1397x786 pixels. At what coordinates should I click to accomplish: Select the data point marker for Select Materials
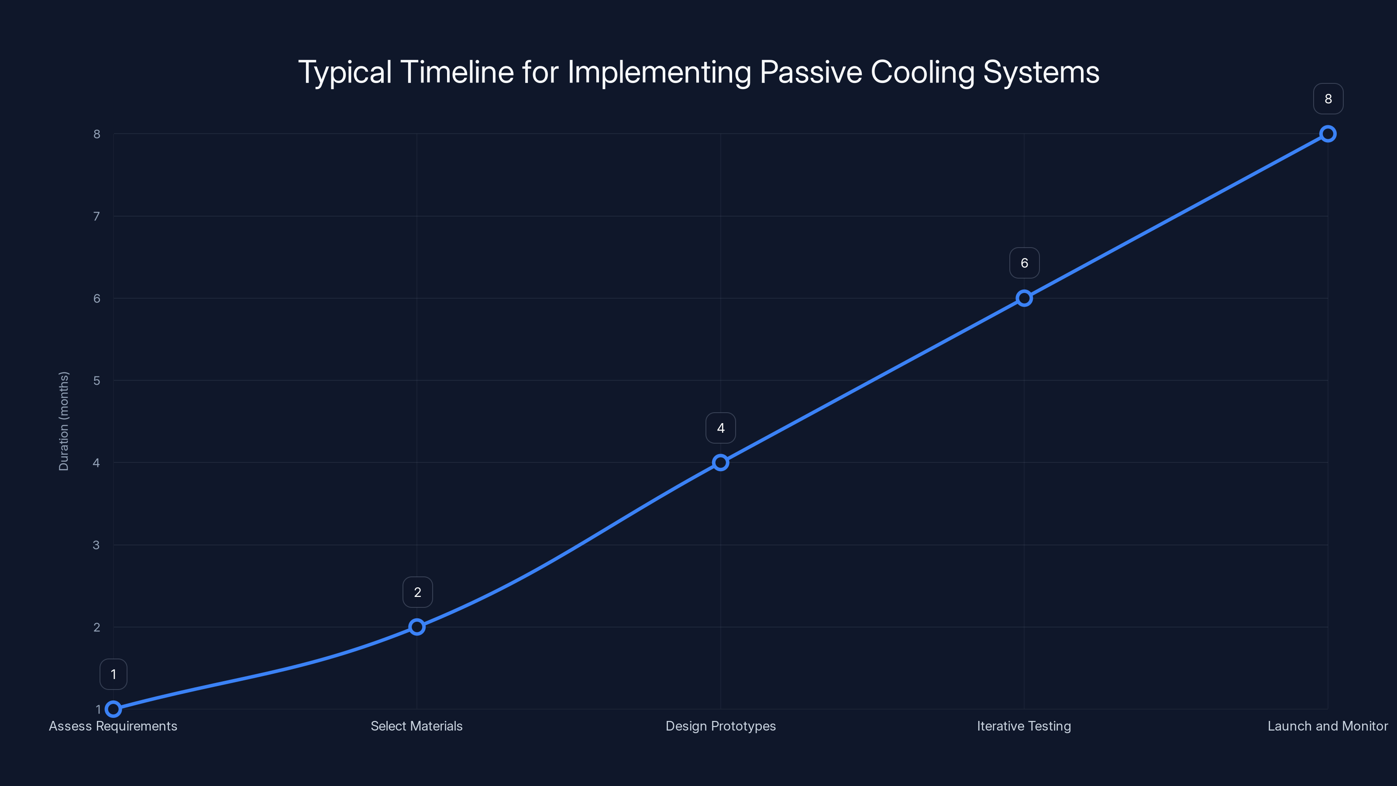pyautogui.click(x=416, y=627)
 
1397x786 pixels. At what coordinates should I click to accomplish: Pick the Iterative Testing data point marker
pyautogui.click(x=1024, y=298)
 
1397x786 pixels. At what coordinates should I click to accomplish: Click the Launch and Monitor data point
pyautogui.click(x=1328, y=134)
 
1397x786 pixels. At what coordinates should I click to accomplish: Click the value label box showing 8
pyautogui.click(x=1328, y=99)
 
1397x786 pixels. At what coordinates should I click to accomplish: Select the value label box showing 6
pyautogui.click(x=1024, y=263)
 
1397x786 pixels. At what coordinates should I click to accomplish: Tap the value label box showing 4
pyautogui.click(x=720, y=428)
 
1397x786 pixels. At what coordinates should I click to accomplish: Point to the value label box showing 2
pyautogui.click(x=417, y=593)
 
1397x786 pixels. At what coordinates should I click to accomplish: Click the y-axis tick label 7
pyautogui.click(x=96, y=217)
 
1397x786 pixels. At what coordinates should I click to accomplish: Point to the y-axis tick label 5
pyautogui.click(x=96, y=381)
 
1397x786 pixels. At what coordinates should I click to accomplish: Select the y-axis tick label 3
pyautogui.click(x=96, y=545)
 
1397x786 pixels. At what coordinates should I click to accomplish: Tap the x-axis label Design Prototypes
pyautogui.click(x=720, y=726)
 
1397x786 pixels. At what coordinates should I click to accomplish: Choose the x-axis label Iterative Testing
pyautogui.click(x=1024, y=726)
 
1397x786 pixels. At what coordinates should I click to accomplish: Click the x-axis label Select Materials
pyautogui.click(x=416, y=726)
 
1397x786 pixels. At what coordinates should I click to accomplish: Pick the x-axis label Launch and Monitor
pyautogui.click(x=1327, y=726)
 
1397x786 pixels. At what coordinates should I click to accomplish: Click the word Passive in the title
pyautogui.click(x=810, y=72)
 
